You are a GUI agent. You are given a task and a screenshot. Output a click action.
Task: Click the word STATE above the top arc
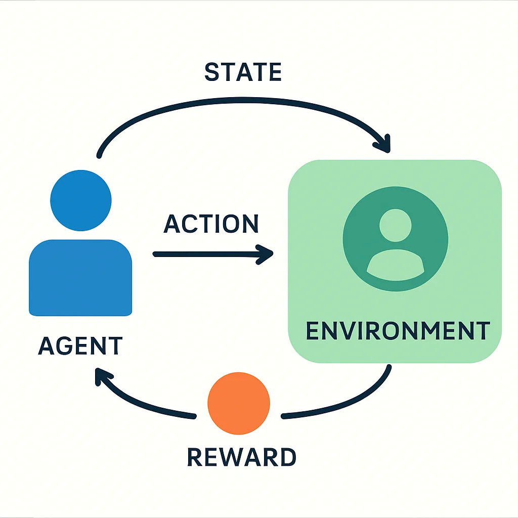point(243,72)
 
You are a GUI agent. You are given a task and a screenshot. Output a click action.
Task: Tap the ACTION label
point(211,224)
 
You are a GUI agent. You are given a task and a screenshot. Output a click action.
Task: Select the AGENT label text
point(80,346)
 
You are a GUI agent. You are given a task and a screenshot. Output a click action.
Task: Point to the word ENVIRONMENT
point(398,330)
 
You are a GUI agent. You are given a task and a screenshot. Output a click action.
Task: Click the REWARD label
point(241,457)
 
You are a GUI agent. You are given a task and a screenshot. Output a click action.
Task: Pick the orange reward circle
point(239,403)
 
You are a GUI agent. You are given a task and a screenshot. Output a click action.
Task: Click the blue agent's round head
point(80,200)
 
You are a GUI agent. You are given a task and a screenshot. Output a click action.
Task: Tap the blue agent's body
point(80,278)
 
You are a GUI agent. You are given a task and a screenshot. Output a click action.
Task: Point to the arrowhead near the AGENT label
point(102,376)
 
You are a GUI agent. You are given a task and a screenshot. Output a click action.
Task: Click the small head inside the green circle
point(396,225)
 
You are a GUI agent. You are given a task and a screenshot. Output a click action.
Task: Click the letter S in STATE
point(212,72)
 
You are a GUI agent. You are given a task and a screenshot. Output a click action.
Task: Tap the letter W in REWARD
point(229,457)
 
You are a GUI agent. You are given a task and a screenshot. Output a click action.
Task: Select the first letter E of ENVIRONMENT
point(313,330)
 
